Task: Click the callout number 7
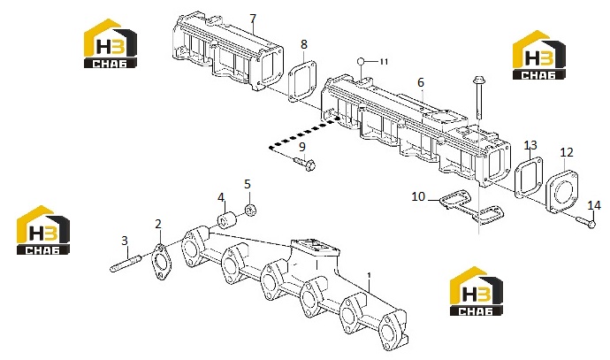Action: (x=253, y=19)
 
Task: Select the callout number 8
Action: (x=304, y=44)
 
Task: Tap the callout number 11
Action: (x=384, y=62)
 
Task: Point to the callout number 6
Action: (x=421, y=82)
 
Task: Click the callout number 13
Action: (x=530, y=145)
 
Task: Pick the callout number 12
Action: (x=567, y=152)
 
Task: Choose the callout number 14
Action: (x=594, y=205)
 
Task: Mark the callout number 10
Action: (x=418, y=196)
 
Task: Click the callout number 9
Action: (x=302, y=147)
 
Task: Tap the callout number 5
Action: (x=248, y=184)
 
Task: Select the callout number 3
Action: (x=125, y=241)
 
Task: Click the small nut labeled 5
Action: (x=250, y=211)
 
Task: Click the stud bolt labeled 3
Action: (x=126, y=263)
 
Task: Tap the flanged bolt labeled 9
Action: (x=305, y=164)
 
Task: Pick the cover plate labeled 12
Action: (x=561, y=191)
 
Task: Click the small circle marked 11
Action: (x=361, y=62)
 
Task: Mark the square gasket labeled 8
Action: (x=301, y=81)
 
